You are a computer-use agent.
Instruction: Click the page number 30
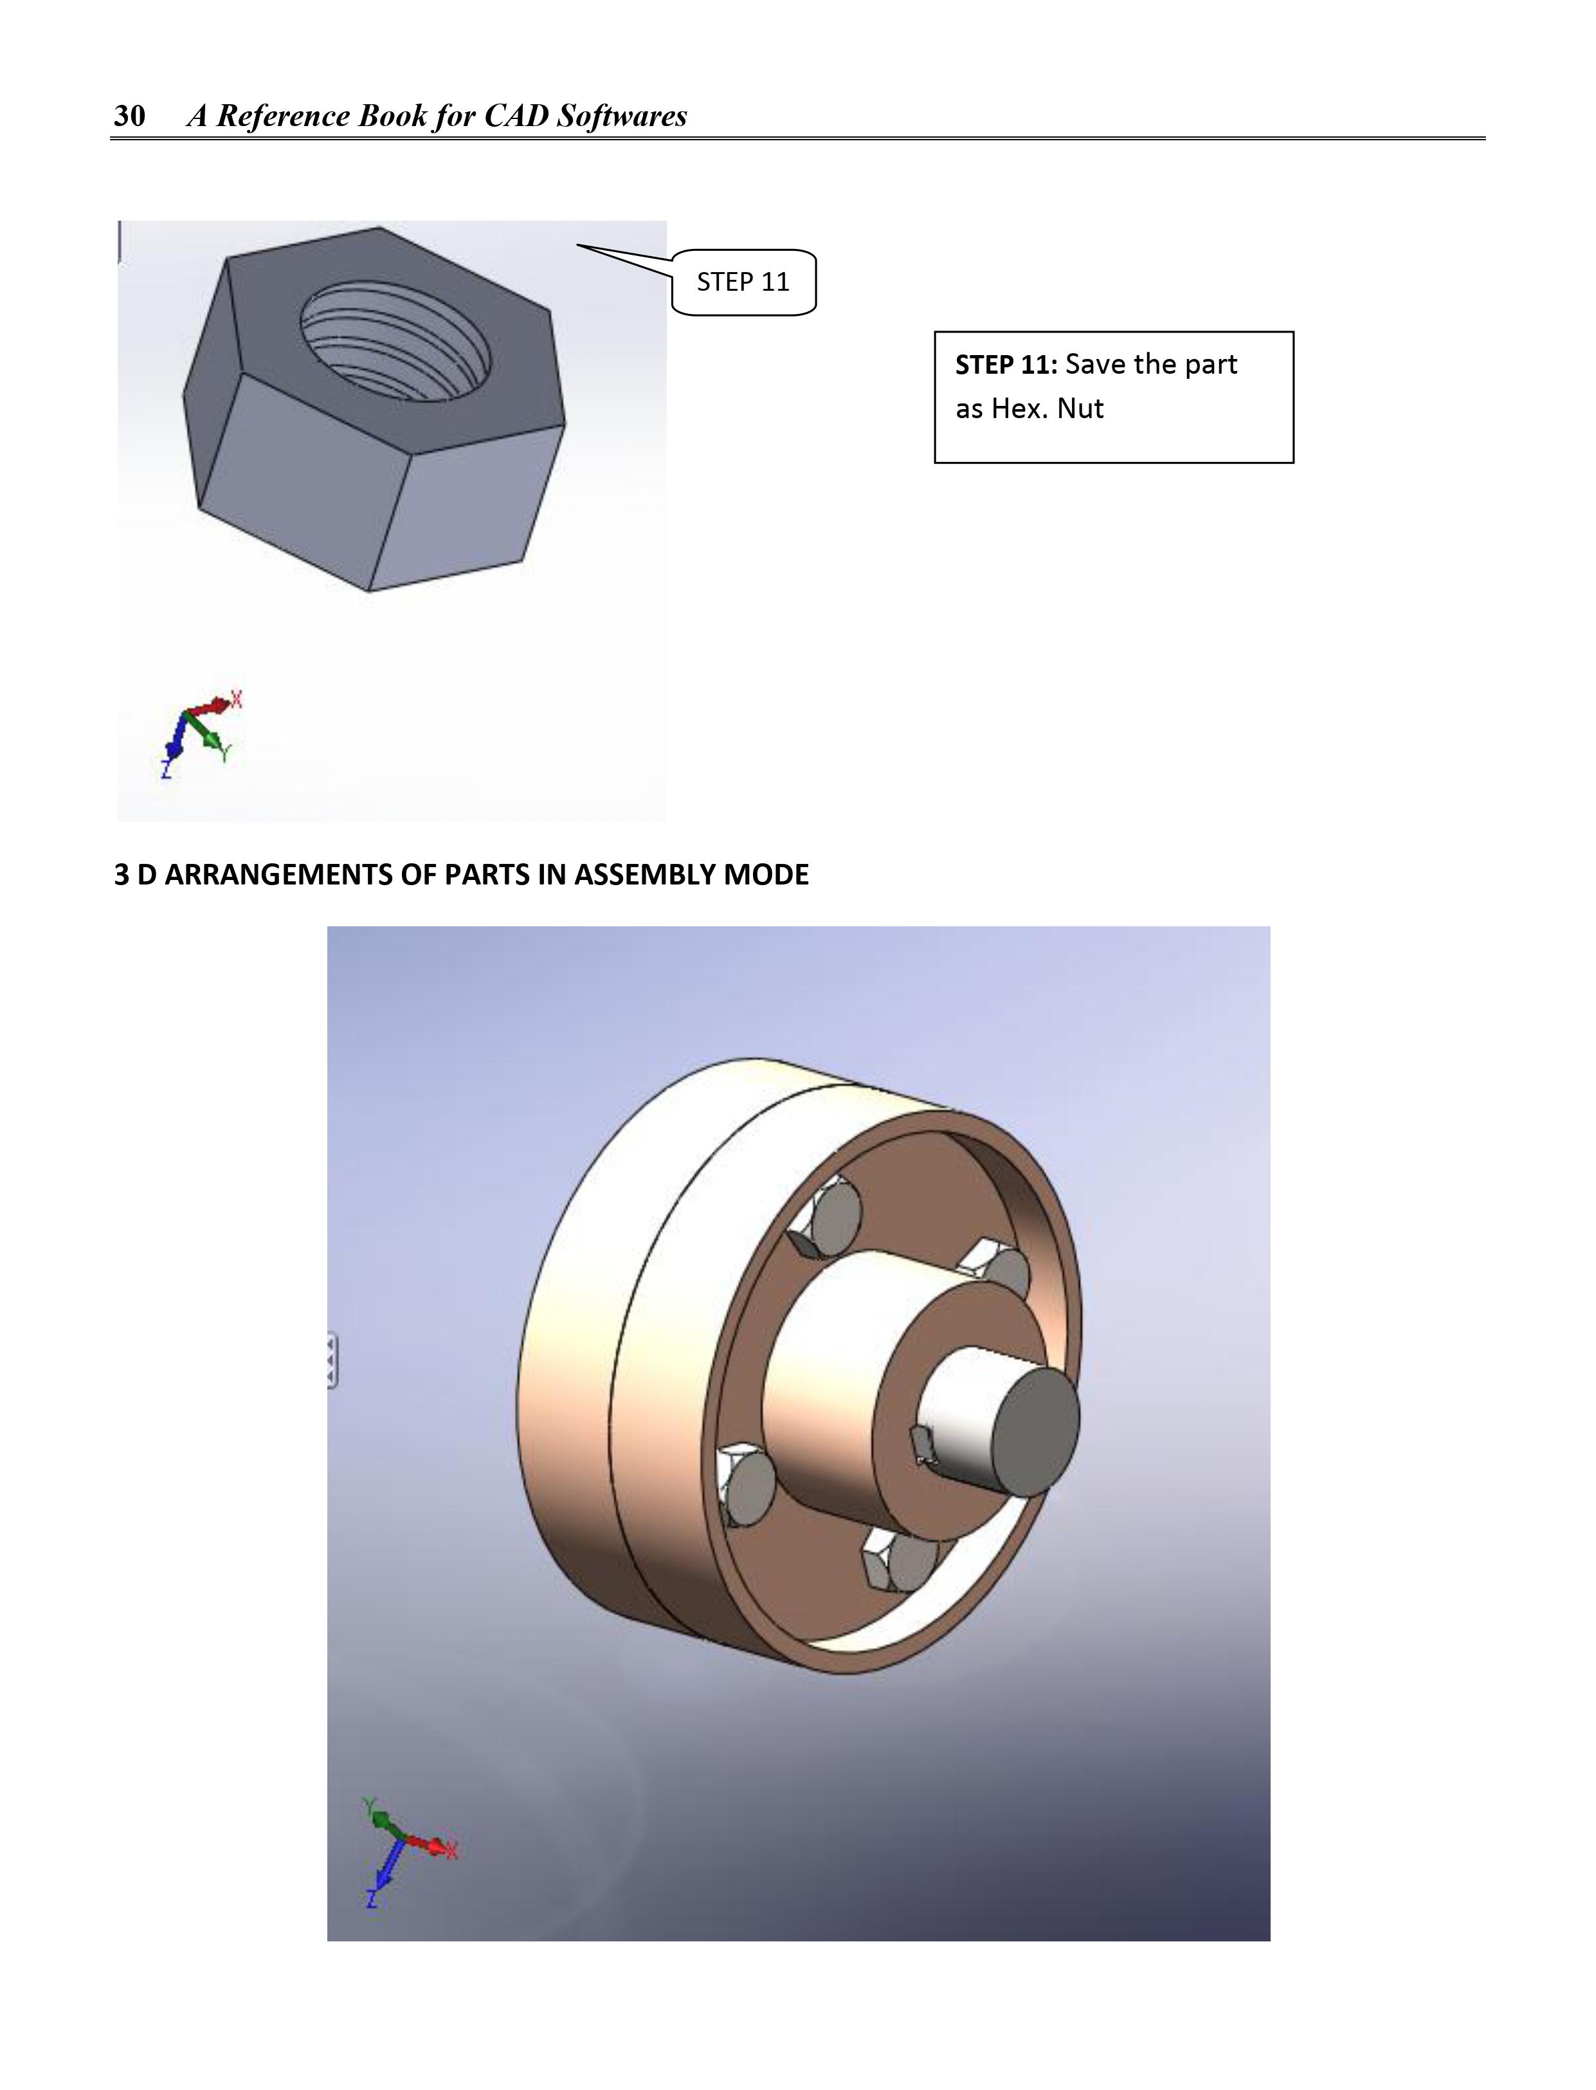tap(129, 116)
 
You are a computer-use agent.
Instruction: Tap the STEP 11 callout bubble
tap(743, 282)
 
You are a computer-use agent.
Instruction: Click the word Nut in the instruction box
tap(1080, 408)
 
